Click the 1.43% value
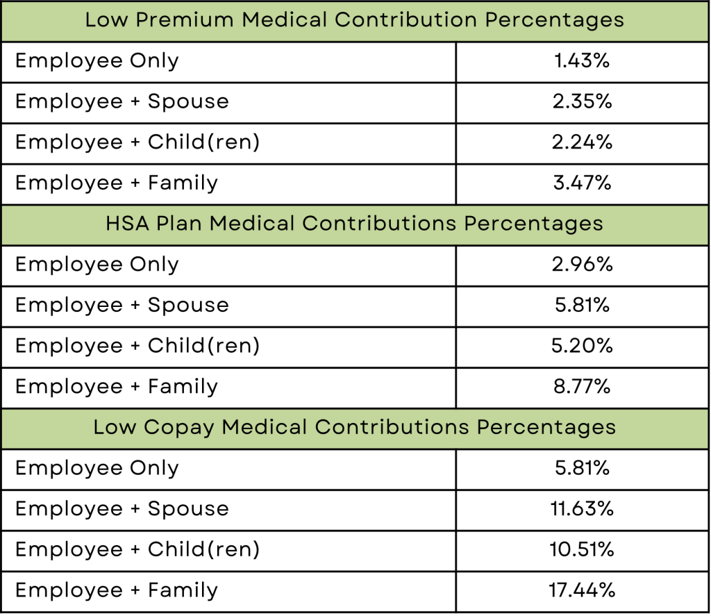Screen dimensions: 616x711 coord(582,61)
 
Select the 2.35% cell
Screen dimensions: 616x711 coord(582,101)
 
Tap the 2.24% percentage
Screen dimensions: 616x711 coord(582,142)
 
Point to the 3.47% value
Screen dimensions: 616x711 coord(582,183)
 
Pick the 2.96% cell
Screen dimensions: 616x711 coord(582,265)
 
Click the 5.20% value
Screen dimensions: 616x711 coord(582,346)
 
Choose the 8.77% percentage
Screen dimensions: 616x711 coord(582,387)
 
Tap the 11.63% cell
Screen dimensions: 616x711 coord(582,509)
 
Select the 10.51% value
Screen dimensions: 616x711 coord(582,550)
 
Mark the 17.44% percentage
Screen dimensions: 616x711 coord(582,590)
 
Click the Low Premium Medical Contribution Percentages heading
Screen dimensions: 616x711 coord(354,19)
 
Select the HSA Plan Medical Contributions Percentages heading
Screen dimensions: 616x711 coord(354,224)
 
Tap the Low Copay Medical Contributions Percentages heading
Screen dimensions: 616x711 coord(354,427)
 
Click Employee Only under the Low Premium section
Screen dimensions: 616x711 coord(97,61)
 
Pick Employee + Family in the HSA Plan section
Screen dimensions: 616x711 coord(117,387)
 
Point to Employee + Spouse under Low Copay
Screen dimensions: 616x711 coord(122,509)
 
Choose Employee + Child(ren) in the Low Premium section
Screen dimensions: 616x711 coord(137,142)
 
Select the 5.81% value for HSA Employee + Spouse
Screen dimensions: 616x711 coord(582,306)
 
